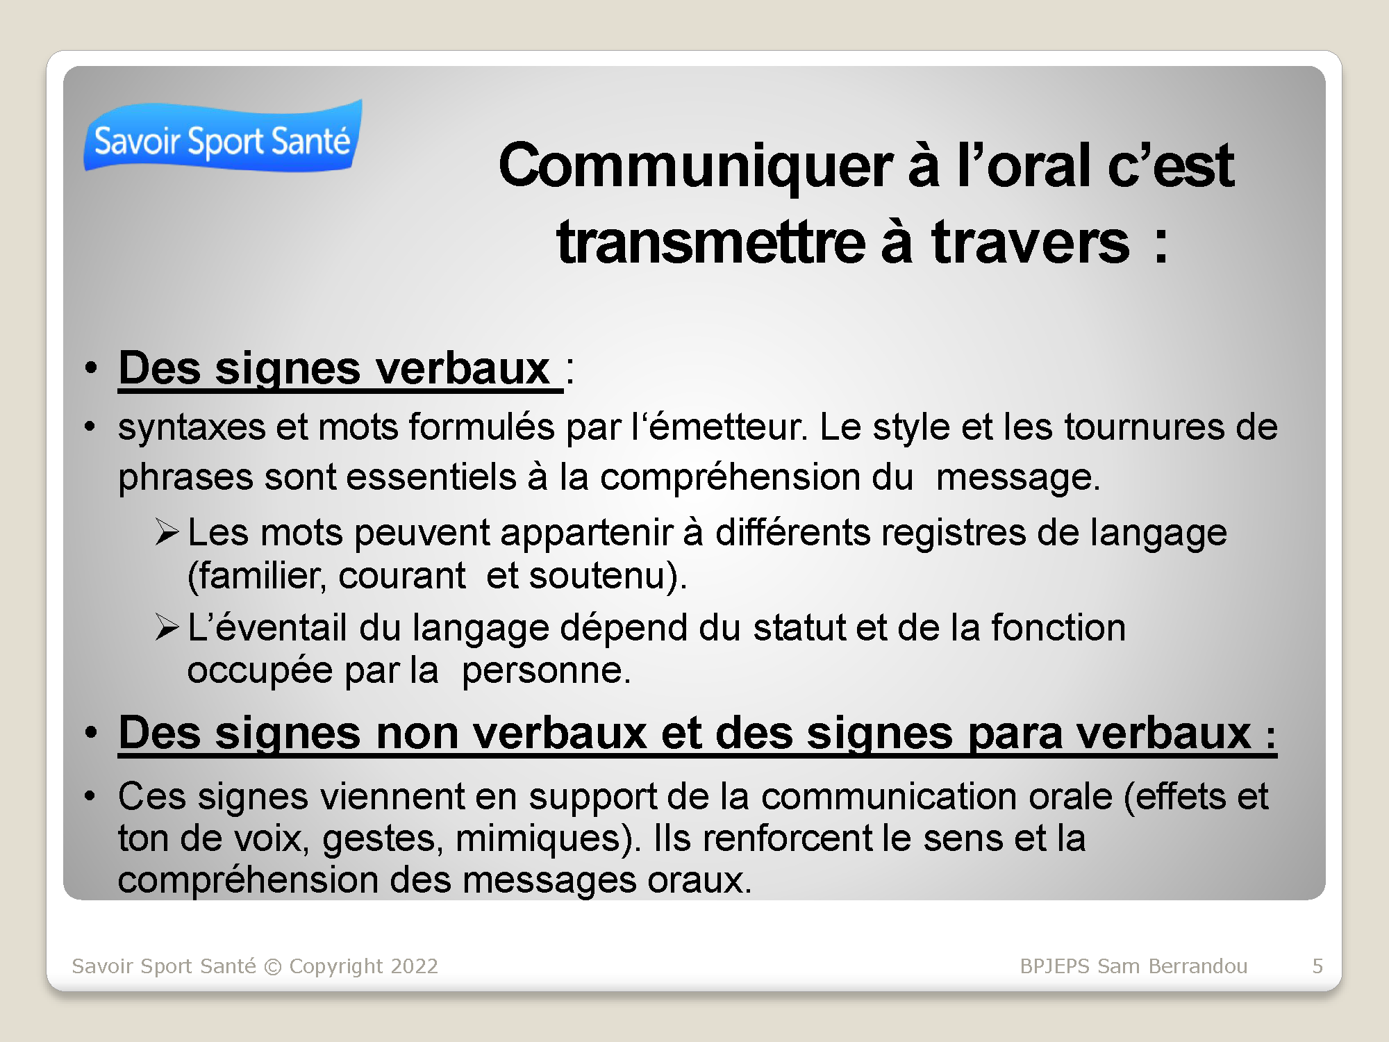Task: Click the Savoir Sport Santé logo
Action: pos(223,136)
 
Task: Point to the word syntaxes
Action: pos(192,427)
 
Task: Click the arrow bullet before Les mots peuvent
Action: pos(167,533)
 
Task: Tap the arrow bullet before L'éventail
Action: pos(167,627)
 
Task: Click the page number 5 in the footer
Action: pos(1317,966)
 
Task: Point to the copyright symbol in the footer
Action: pos(273,967)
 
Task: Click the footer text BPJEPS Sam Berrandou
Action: pos(1133,966)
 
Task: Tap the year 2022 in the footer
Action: pos(414,966)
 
